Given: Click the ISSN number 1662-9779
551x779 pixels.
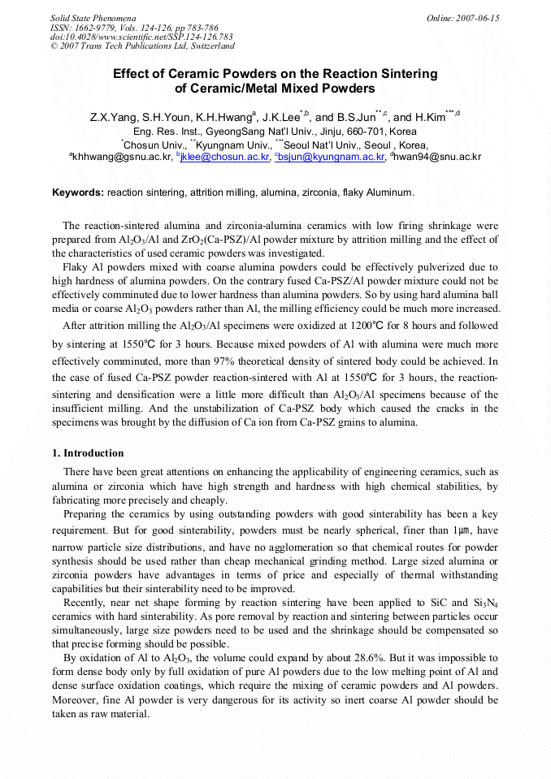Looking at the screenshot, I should (x=97, y=27).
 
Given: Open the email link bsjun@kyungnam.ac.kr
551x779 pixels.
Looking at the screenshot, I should (x=332, y=157).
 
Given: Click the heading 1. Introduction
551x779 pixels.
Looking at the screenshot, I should (x=89, y=452).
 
